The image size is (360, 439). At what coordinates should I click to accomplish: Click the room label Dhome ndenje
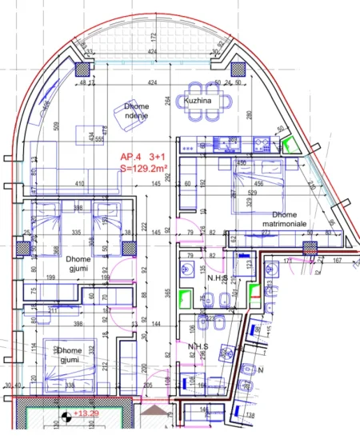point(136,110)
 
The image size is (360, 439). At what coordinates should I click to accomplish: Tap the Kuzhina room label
point(197,102)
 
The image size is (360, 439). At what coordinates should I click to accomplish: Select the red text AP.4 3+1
point(145,157)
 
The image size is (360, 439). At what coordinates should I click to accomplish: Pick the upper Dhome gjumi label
point(78,264)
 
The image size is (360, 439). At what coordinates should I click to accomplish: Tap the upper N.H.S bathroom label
point(198,277)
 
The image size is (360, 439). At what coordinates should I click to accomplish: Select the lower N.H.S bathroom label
point(198,348)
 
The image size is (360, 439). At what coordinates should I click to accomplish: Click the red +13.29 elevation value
point(86,413)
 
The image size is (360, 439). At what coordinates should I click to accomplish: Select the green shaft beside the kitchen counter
point(288,143)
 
